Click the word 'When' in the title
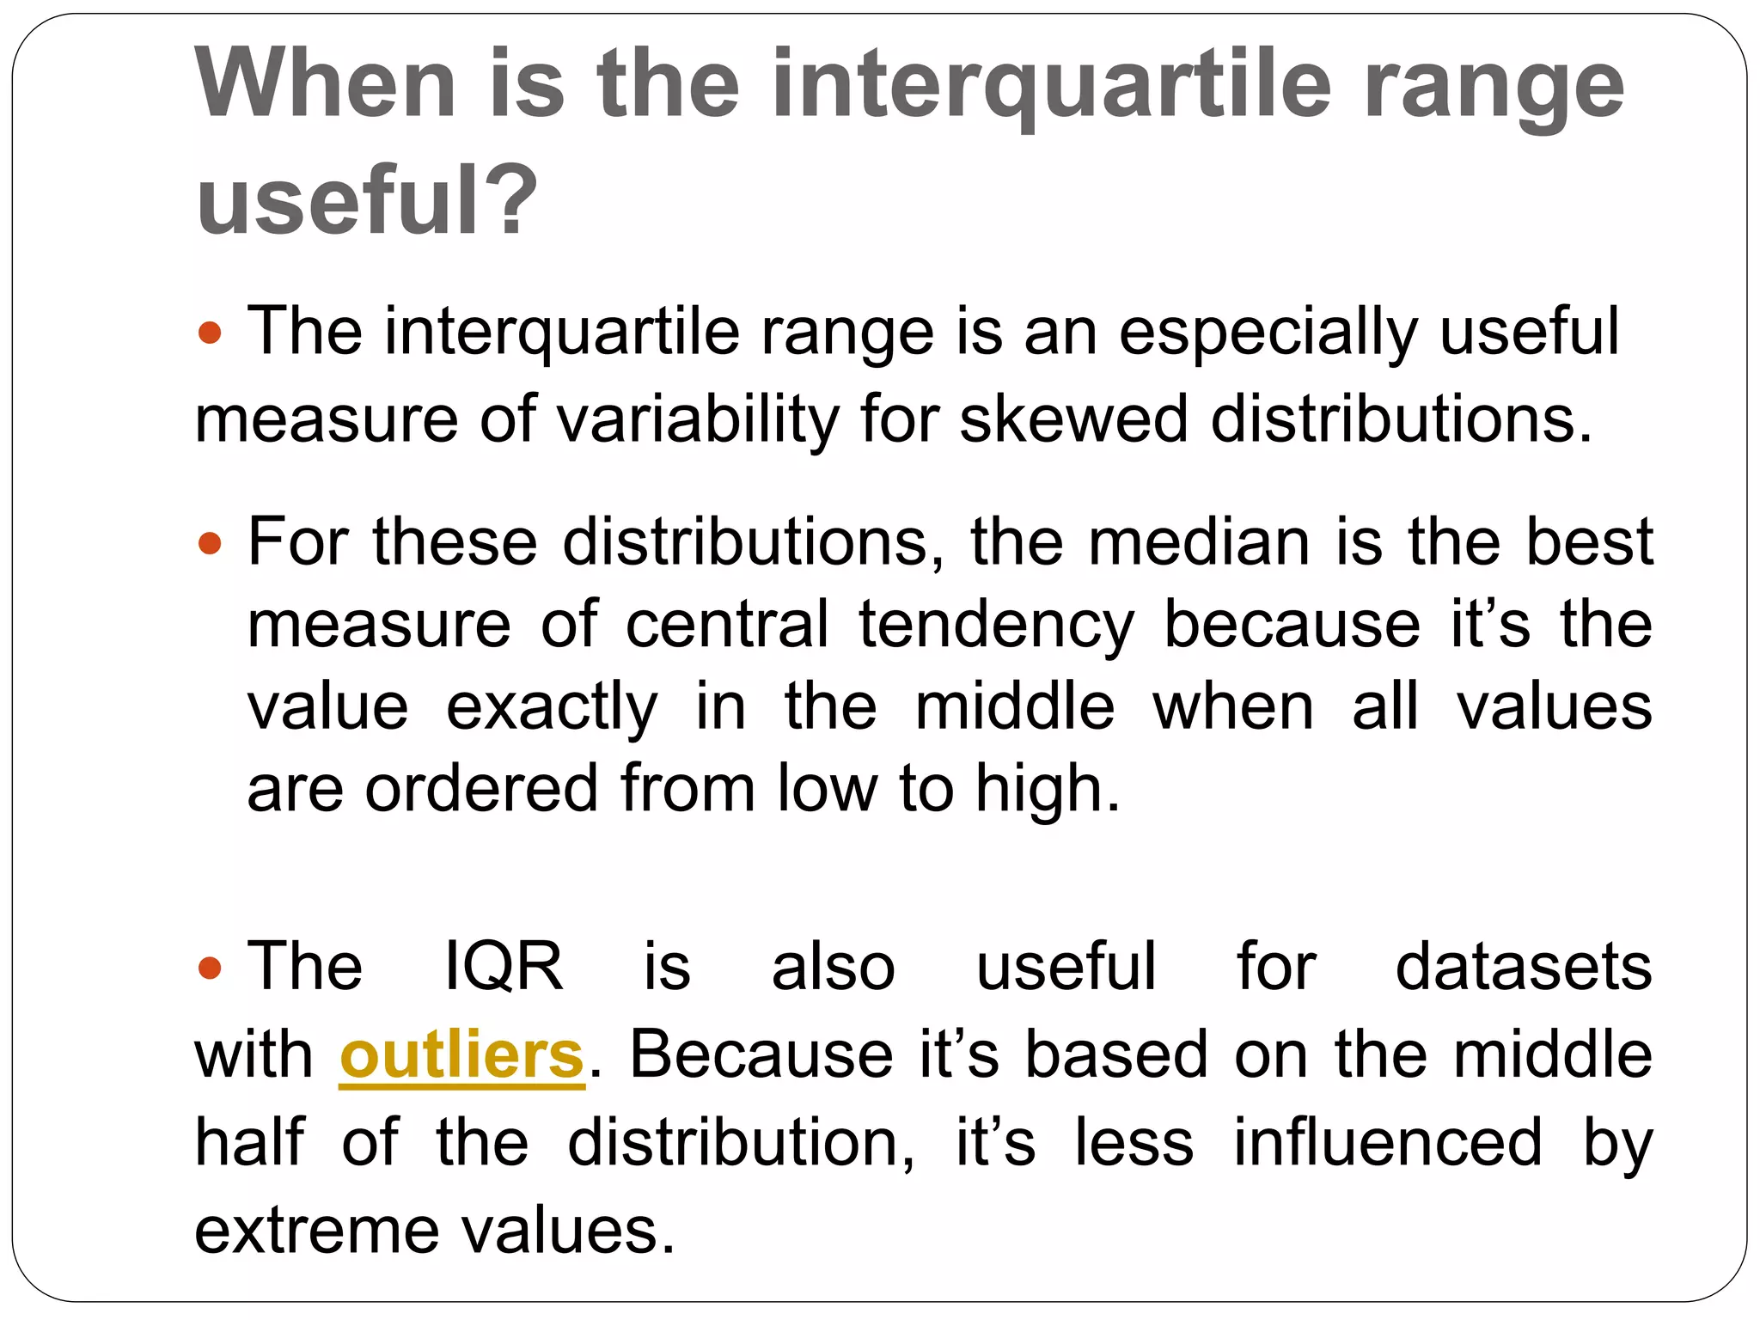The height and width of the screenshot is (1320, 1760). pyautogui.click(x=326, y=84)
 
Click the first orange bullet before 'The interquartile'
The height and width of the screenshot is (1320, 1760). pyautogui.click(x=210, y=333)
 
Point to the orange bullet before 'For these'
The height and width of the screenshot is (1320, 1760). pyautogui.click(x=210, y=543)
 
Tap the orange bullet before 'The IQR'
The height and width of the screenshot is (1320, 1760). pyautogui.click(x=210, y=968)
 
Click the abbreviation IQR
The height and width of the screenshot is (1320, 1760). pyautogui.click(x=504, y=967)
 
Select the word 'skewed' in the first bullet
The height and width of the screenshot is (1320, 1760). pyautogui.click(x=1073, y=419)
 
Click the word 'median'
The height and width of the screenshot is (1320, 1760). pyautogui.click(x=1200, y=542)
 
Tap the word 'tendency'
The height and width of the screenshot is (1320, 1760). pyautogui.click(x=996, y=625)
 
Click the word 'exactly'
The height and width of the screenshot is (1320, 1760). pyautogui.click(x=552, y=707)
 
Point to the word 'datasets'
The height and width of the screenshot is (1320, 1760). pyautogui.click(x=1523, y=967)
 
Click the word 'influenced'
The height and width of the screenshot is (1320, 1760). pyautogui.click(x=1388, y=1143)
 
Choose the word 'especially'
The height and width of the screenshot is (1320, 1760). pyautogui.click(x=1268, y=333)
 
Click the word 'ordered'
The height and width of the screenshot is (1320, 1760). pyautogui.click(x=481, y=789)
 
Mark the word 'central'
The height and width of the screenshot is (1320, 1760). pyautogui.click(x=727, y=625)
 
